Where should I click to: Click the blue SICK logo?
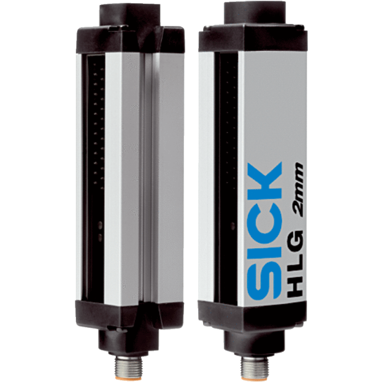pos(264,231)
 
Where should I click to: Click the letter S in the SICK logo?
pos(264,282)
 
